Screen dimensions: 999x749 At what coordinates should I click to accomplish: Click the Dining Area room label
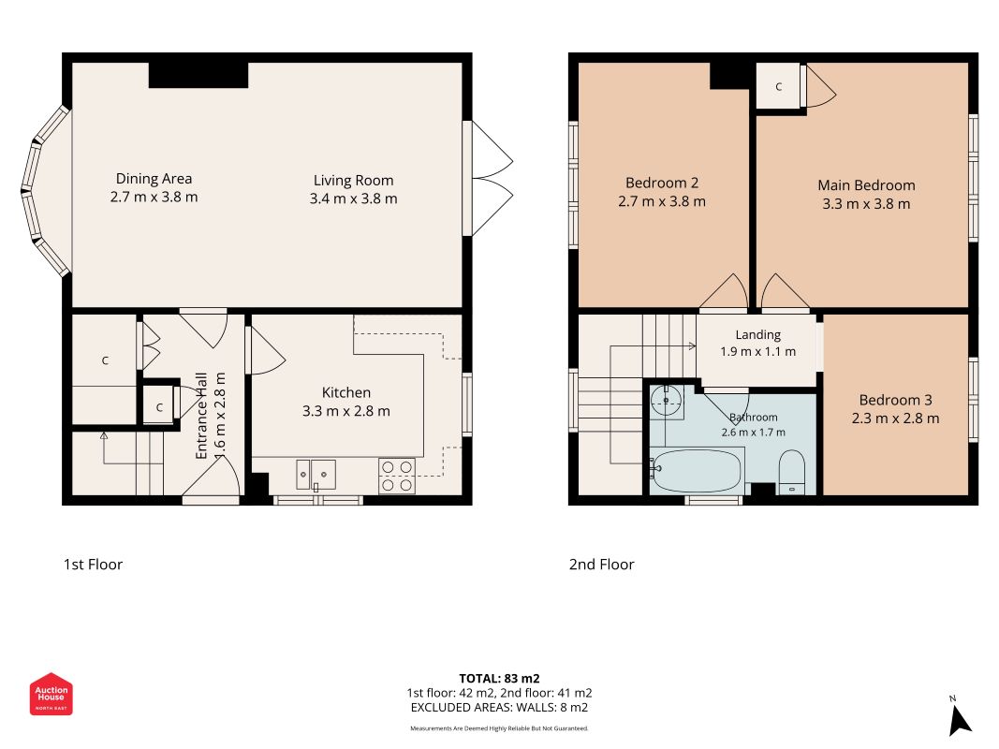pos(154,179)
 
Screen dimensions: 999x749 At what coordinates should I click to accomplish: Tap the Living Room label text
pos(353,181)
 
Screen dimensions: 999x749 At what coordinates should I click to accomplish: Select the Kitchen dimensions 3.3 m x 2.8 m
pos(346,411)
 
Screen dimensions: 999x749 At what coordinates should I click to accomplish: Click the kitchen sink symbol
pos(316,475)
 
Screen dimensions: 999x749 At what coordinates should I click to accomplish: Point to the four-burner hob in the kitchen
pos(397,477)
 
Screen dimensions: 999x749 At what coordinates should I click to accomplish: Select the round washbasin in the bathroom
pos(667,400)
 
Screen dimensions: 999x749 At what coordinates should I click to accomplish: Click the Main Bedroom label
pos(866,185)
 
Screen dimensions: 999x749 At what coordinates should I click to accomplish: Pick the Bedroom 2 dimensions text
pos(662,202)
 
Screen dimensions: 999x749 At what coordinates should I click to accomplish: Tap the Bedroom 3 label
pos(896,400)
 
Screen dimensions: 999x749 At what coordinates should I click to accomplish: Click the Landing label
pos(758,334)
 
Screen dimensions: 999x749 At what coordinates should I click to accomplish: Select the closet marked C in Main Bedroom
pos(779,87)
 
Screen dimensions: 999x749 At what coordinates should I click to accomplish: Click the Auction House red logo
pos(51,694)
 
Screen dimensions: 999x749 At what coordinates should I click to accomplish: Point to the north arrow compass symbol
pos(960,717)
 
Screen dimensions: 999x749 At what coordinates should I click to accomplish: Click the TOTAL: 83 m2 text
pos(500,678)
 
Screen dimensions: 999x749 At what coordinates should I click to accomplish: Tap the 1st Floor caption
pos(93,565)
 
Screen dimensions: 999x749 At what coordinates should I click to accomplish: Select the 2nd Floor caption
pos(601,565)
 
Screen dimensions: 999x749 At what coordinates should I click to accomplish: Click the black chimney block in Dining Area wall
pos(198,75)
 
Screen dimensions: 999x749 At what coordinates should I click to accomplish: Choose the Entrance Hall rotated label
pos(201,416)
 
